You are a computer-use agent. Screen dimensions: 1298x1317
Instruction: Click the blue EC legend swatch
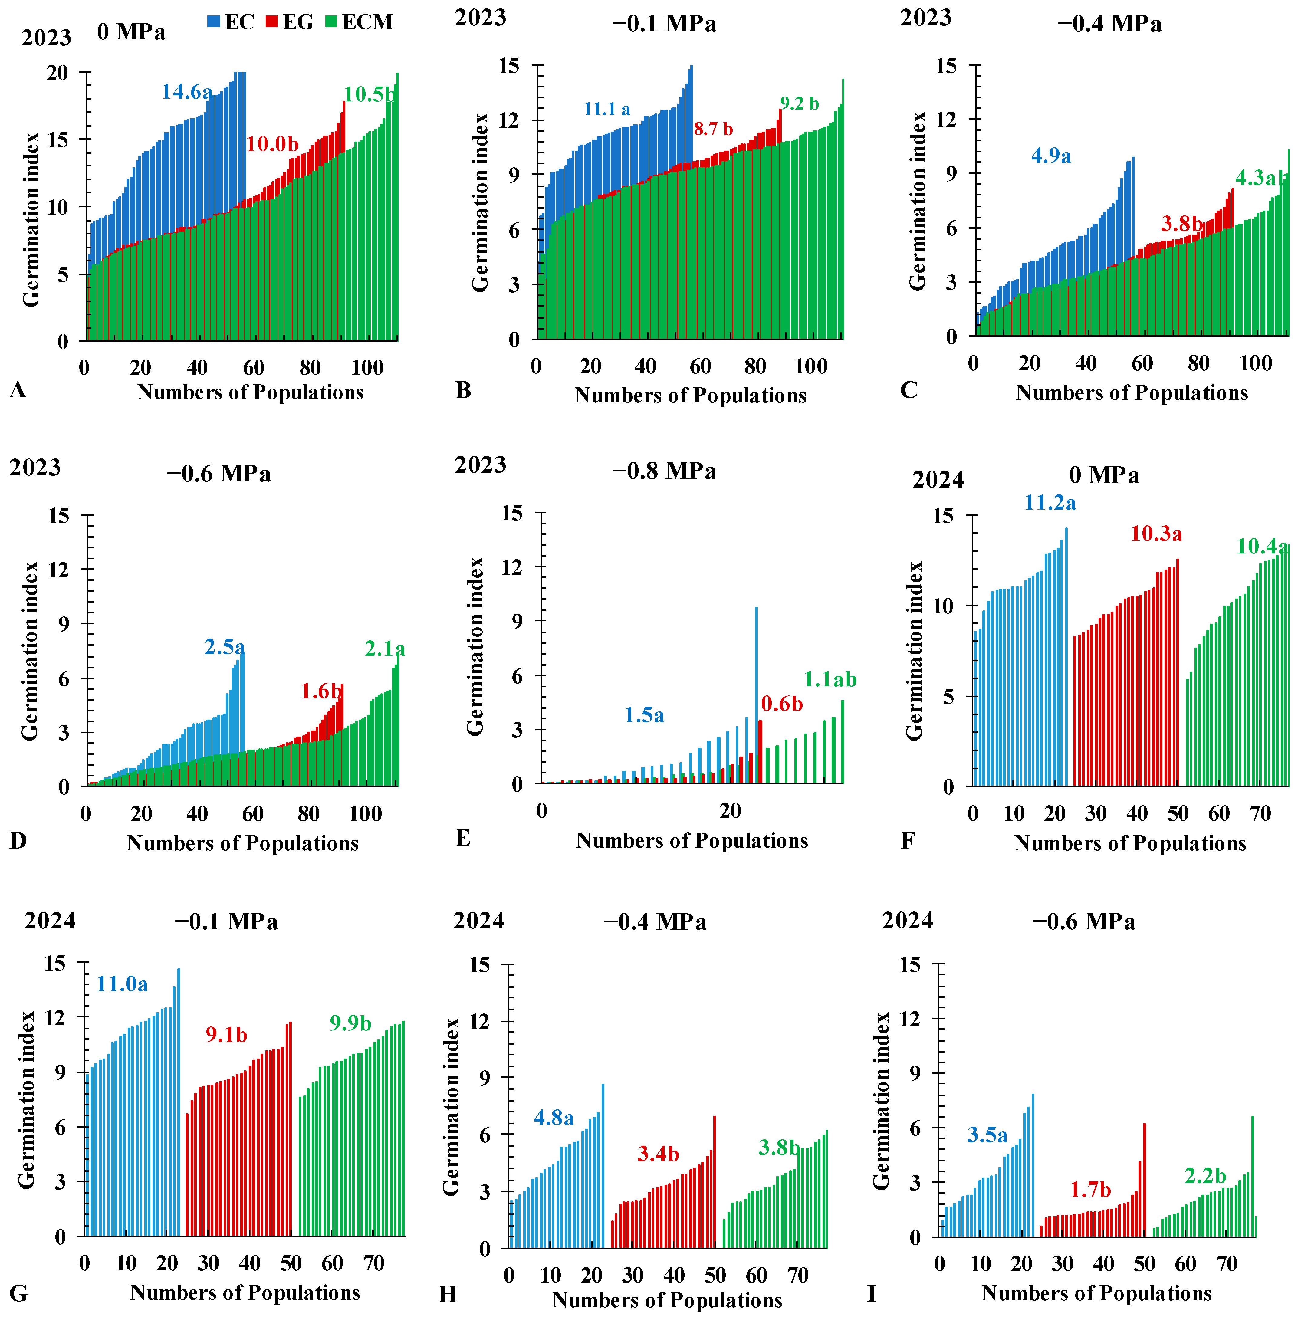[214, 22]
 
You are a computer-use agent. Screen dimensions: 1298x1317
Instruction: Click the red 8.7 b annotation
[713, 129]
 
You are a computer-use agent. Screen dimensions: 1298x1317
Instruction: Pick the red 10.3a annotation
[1156, 534]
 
